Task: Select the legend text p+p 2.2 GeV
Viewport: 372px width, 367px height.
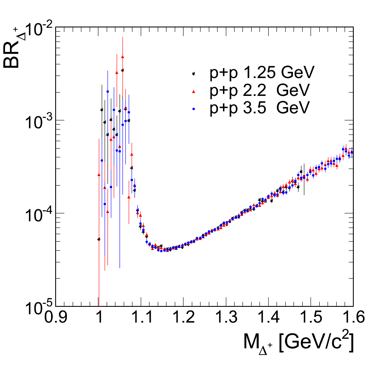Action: tap(259, 91)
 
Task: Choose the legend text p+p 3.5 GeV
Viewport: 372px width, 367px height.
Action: tap(259, 108)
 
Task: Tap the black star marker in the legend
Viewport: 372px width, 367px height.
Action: tap(193, 73)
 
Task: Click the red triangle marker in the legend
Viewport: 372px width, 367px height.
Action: tap(193, 91)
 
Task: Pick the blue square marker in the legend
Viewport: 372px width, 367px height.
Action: tap(193, 108)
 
